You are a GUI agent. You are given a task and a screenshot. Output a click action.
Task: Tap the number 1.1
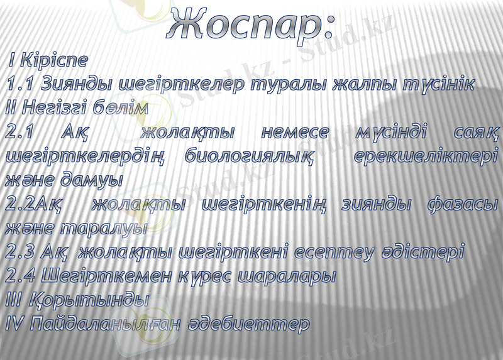(19, 84)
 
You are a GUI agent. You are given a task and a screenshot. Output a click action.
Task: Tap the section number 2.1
(19, 132)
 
